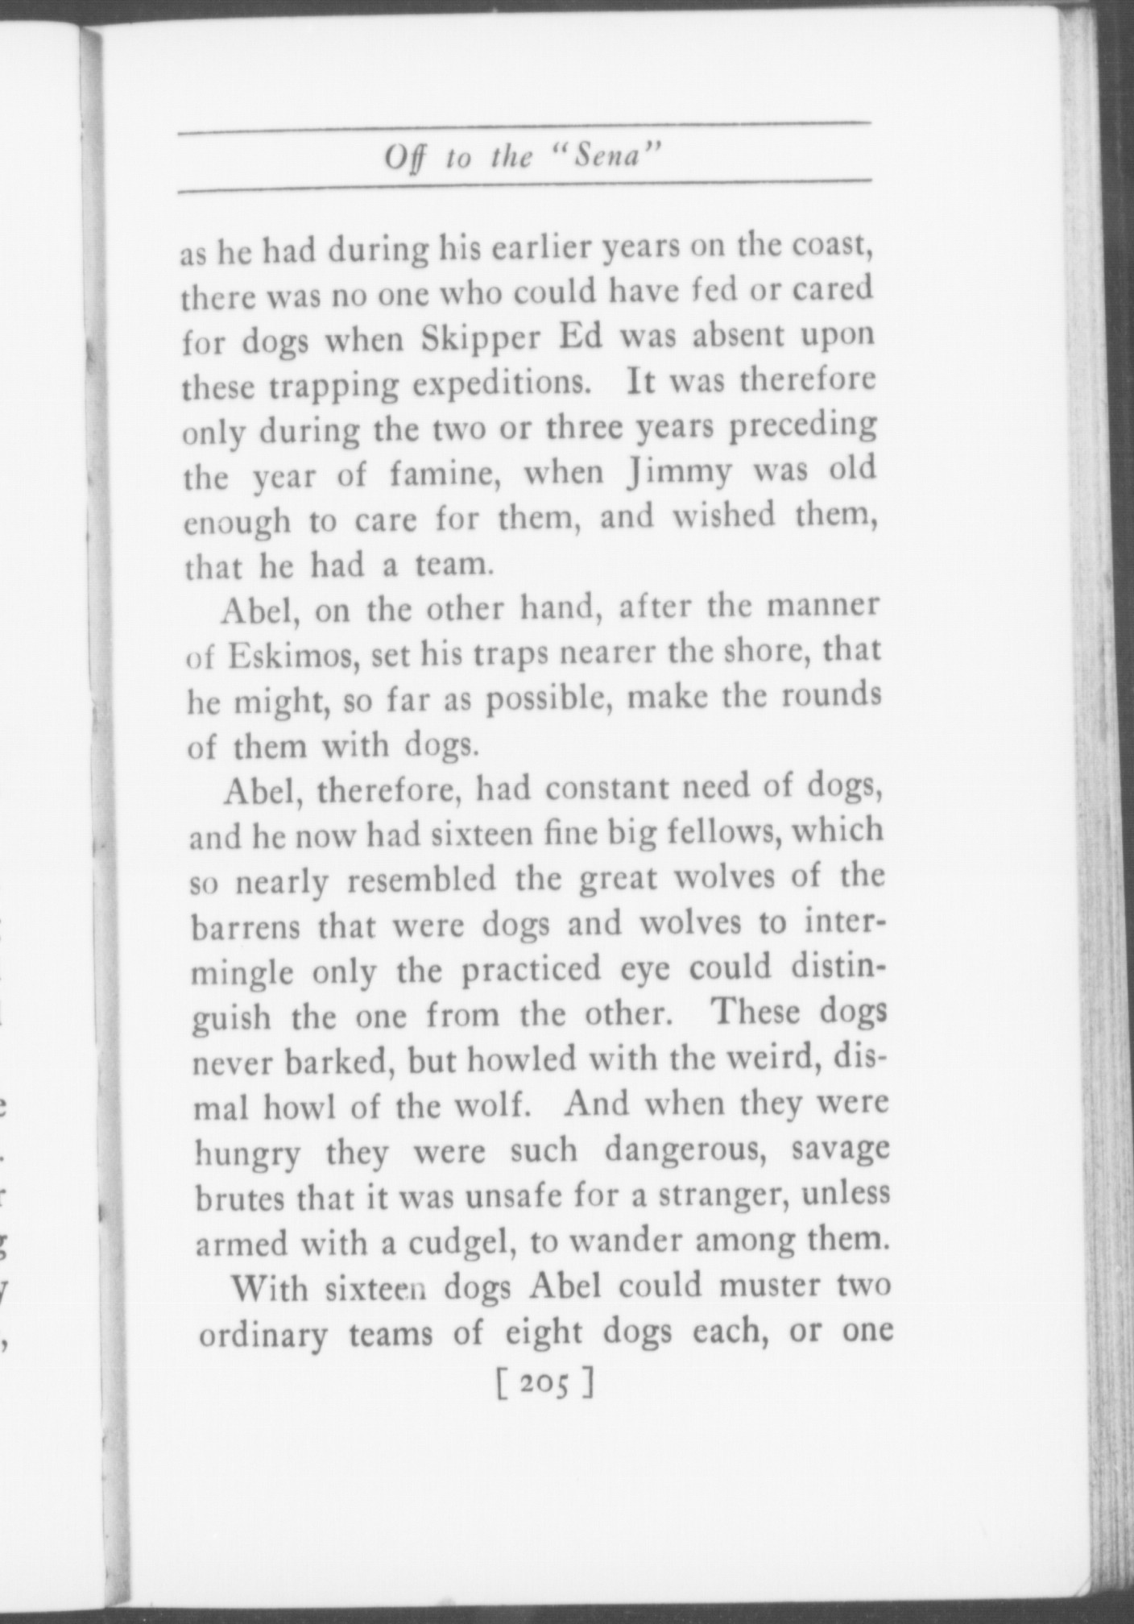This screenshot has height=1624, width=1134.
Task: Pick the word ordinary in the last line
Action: pos(263,1337)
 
